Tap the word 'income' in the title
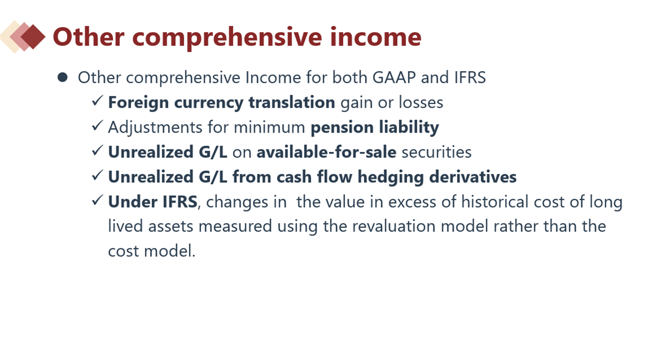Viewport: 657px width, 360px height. [x=376, y=37]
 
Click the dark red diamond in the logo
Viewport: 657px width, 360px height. [x=33, y=37]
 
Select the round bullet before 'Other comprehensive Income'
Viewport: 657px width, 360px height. [x=63, y=77]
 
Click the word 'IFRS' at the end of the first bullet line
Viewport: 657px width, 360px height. [x=470, y=77]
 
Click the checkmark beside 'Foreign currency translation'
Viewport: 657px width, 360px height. [x=97, y=100]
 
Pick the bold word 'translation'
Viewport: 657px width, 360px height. [x=292, y=102]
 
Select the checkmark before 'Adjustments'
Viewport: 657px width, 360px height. [x=97, y=125]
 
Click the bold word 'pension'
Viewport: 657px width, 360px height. [x=342, y=128]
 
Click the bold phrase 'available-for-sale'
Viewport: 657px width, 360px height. [x=327, y=152]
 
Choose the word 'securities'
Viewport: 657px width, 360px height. [x=436, y=152]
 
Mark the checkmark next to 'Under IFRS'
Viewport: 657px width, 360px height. [x=97, y=200]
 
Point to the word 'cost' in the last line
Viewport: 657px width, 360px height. [x=123, y=251]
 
